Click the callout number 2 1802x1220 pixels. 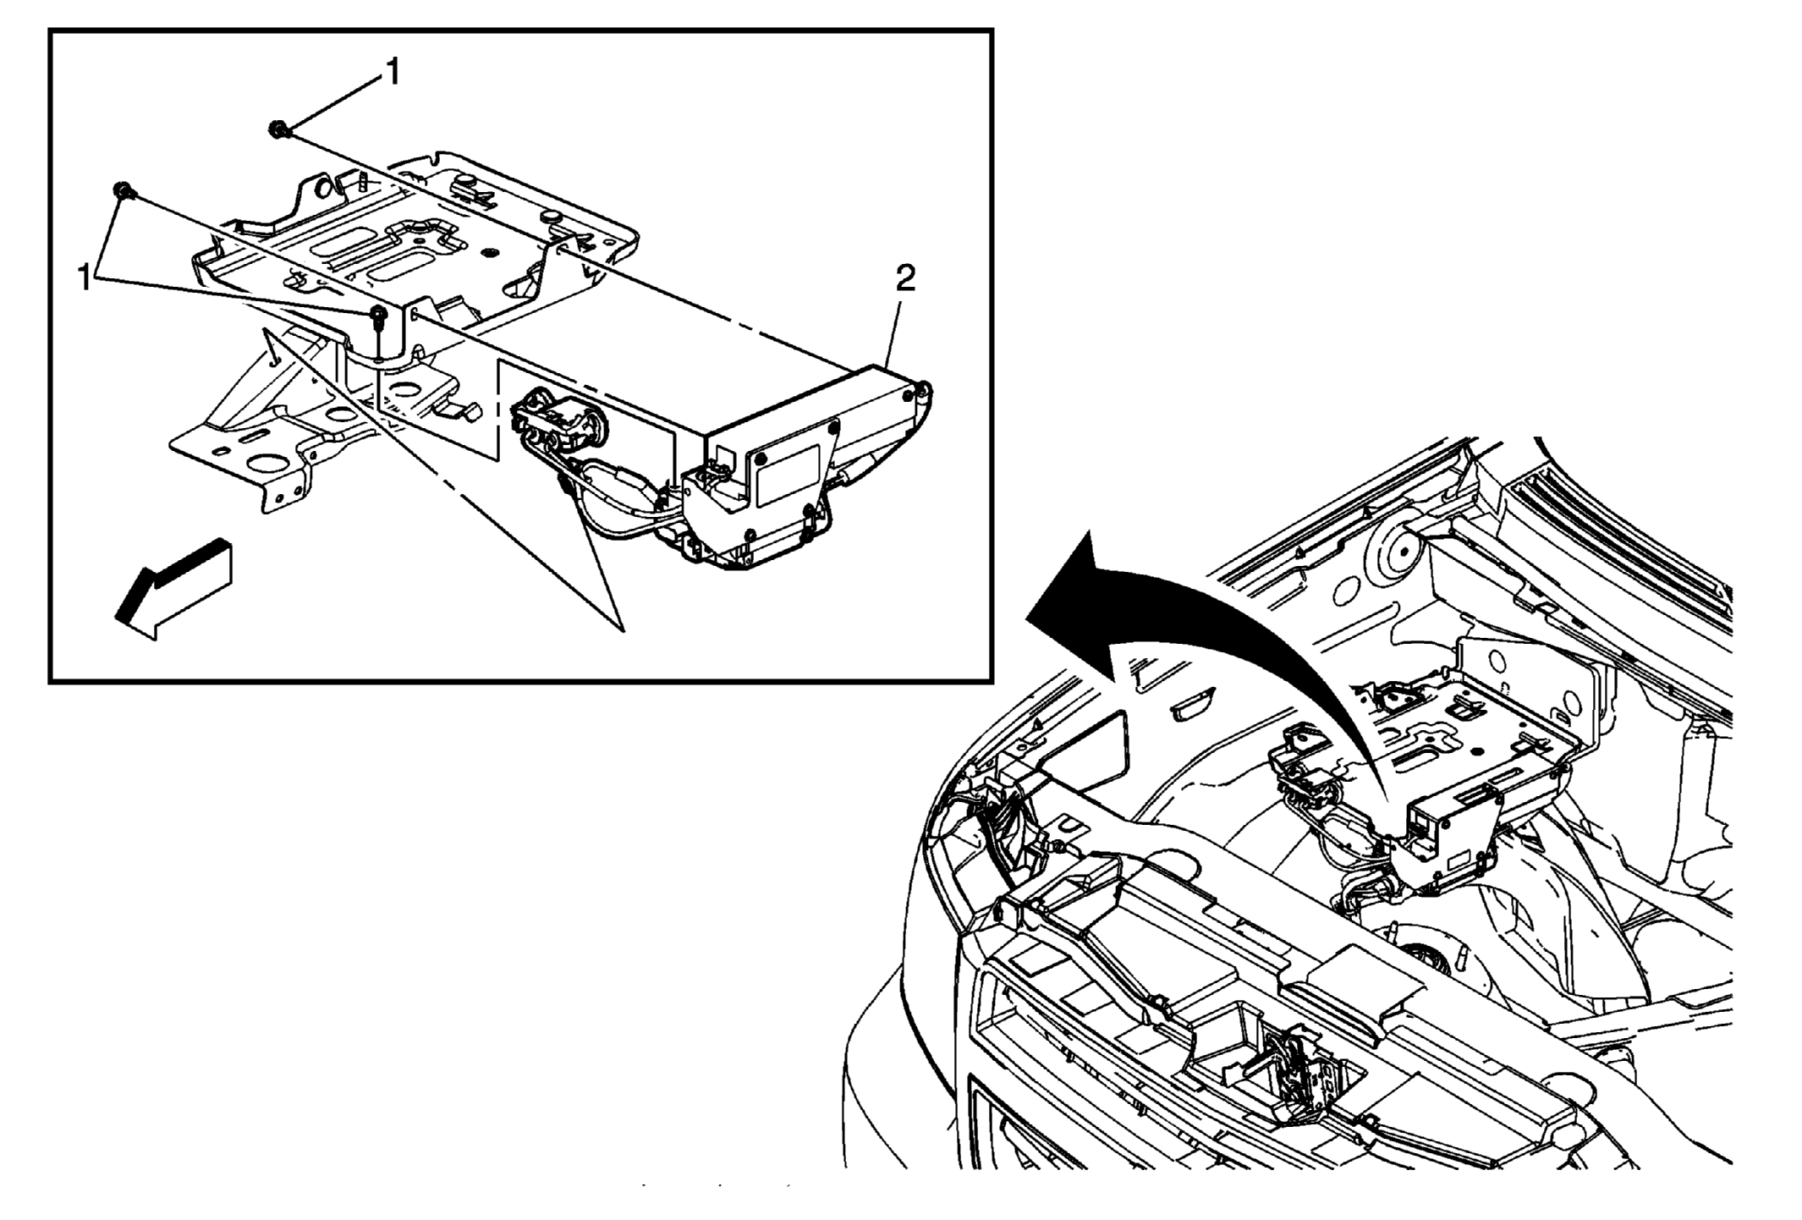(x=905, y=278)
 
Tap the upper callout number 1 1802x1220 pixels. (x=392, y=73)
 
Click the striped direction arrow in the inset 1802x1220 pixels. (x=173, y=589)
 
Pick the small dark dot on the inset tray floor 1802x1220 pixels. (x=488, y=253)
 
